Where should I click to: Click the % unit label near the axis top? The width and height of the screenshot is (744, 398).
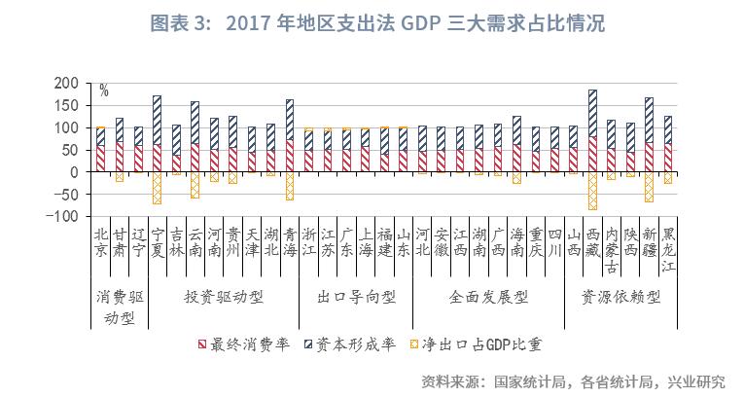pos(103,91)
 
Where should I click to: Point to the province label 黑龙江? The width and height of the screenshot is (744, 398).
pos(667,249)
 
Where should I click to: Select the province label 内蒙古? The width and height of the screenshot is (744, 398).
pos(611,249)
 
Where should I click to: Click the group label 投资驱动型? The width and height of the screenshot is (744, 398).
pos(224,295)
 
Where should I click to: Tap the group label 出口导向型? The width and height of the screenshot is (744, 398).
pos(356,295)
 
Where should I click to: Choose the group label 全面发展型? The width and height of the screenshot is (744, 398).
pos(488,295)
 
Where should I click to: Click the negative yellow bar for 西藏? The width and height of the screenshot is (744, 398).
pos(592,191)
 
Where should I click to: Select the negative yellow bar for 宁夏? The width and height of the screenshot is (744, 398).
pos(157,188)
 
